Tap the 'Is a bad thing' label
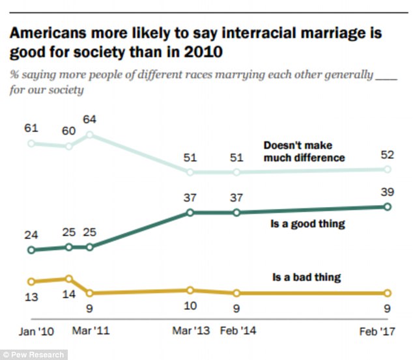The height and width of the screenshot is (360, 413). pyautogui.click(x=307, y=277)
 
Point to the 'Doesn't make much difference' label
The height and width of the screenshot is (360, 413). pyautogui.click(x=304, y=151)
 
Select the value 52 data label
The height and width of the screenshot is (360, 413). pyautogui.click(x=386, y=154)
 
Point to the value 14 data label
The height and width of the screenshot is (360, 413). pyautogui.click(x=68, y=294)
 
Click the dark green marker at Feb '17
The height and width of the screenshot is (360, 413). pyautogui.click(x=387, y=206)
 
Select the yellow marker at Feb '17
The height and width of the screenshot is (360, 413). pyautogui.click(x=387, y=293)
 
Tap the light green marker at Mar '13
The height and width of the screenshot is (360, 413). pyautogui.click(x=190, y=172)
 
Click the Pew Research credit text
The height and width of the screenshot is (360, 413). pyautogui.click(x=33, y=355)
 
